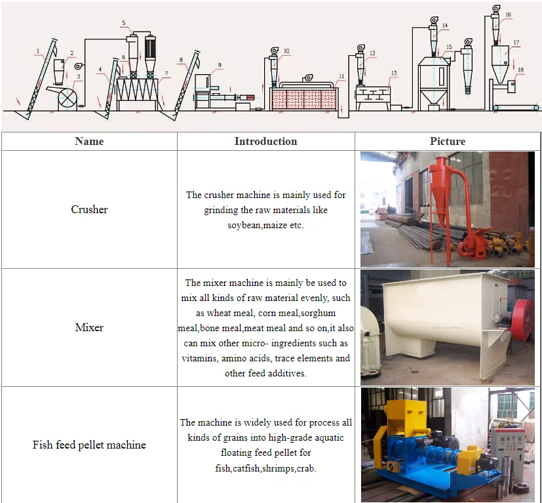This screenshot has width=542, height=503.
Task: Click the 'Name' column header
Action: coord(89,141)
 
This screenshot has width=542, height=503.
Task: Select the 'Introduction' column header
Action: coord(265,141)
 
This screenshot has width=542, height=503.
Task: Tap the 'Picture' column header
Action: coord(448,141)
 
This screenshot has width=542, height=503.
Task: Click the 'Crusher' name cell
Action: coord(89,210)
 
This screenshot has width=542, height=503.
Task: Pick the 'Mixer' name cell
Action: coord(89,327)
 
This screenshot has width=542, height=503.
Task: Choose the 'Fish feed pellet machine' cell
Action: coord(89,445)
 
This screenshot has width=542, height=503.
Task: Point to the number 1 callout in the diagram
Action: coord(39,50)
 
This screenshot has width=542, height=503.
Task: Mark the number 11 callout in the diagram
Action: coord(341,77)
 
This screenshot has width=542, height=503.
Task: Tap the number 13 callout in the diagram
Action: coord(394,73)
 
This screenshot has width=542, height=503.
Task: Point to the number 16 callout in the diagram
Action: coord(509,14)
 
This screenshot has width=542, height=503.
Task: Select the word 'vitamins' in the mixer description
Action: coord(199,359)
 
